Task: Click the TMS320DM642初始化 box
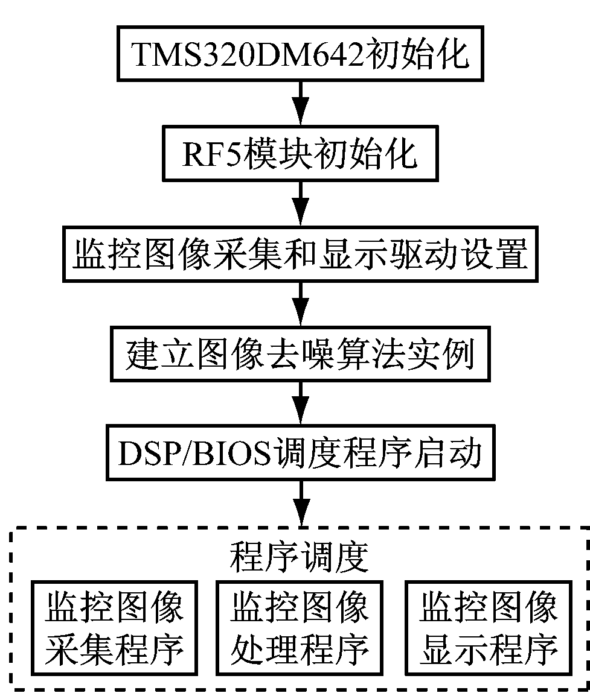pos(300,54)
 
